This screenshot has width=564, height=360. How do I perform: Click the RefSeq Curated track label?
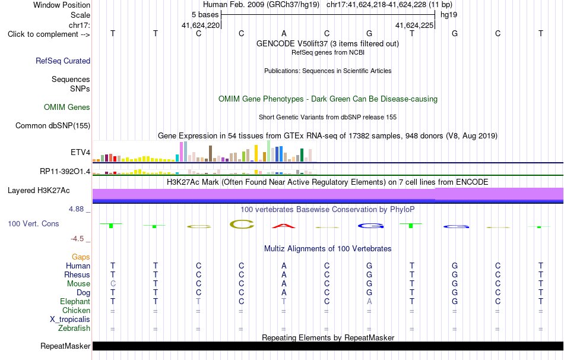[63, 61]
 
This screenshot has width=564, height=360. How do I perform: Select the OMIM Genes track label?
[67, 108]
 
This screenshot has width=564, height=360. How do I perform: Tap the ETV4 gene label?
[81, 152]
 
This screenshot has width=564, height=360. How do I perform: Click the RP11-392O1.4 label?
[65, 171]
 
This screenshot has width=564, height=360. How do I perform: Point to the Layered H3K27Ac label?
[39, 191]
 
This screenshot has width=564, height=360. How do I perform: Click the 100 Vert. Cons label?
[33, 223]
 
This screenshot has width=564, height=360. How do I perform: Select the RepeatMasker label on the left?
[65, 346]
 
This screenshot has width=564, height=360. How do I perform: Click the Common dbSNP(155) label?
[53, 125]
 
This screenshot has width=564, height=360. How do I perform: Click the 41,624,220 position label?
[201, 25]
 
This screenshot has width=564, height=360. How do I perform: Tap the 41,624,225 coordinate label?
[414, 25]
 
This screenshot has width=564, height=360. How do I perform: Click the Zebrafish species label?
[74, 329]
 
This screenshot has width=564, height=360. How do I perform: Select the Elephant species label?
[75, 301]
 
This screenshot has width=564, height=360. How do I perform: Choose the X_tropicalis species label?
[70, 320]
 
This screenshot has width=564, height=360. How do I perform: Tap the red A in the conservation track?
[284, 226]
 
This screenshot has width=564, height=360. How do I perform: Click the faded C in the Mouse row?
[113, 284]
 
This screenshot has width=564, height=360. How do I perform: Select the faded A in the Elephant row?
[369, 301]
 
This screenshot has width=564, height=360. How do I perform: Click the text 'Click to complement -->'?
[49, 34]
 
